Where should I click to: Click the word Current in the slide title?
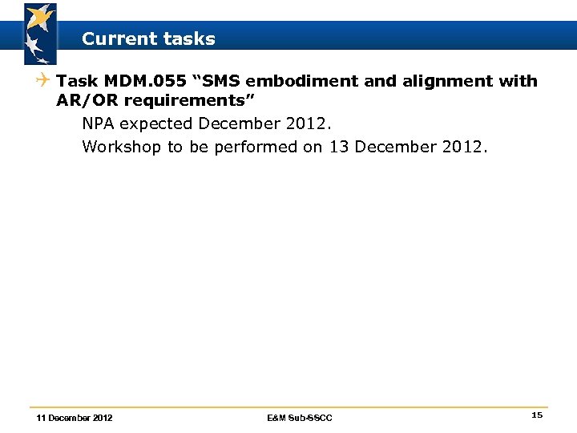(x=114, y=38)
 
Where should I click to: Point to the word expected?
(x=155, y=124)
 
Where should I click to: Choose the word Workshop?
(x=121, y=147)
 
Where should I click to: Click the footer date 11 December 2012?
(x=75, y=418)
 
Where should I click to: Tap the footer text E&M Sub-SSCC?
(x=300, y=418)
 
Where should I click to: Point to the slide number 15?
(x=537, y=415)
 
